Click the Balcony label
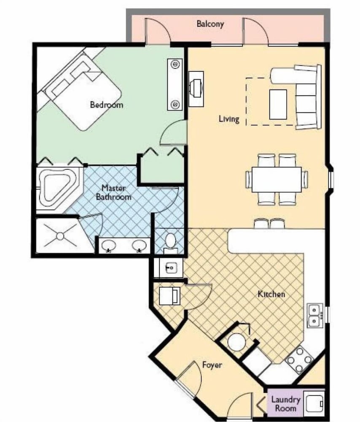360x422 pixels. (210, 24)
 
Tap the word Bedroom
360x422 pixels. (107, 104)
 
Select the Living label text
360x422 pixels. (229, 119)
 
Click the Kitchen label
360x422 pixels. (271, 294)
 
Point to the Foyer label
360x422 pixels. (212, 365)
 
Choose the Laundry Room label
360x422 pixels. (285, 403)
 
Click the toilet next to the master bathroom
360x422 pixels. (170, 243)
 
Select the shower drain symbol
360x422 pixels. (60, 236)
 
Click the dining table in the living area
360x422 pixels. (277, 179)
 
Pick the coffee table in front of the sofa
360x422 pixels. (278, 104)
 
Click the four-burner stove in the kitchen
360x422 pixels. (299, 360)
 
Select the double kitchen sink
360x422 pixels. (315, 315)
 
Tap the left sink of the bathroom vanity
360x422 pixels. (109, 246)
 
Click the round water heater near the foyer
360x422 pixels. (236, 342)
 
